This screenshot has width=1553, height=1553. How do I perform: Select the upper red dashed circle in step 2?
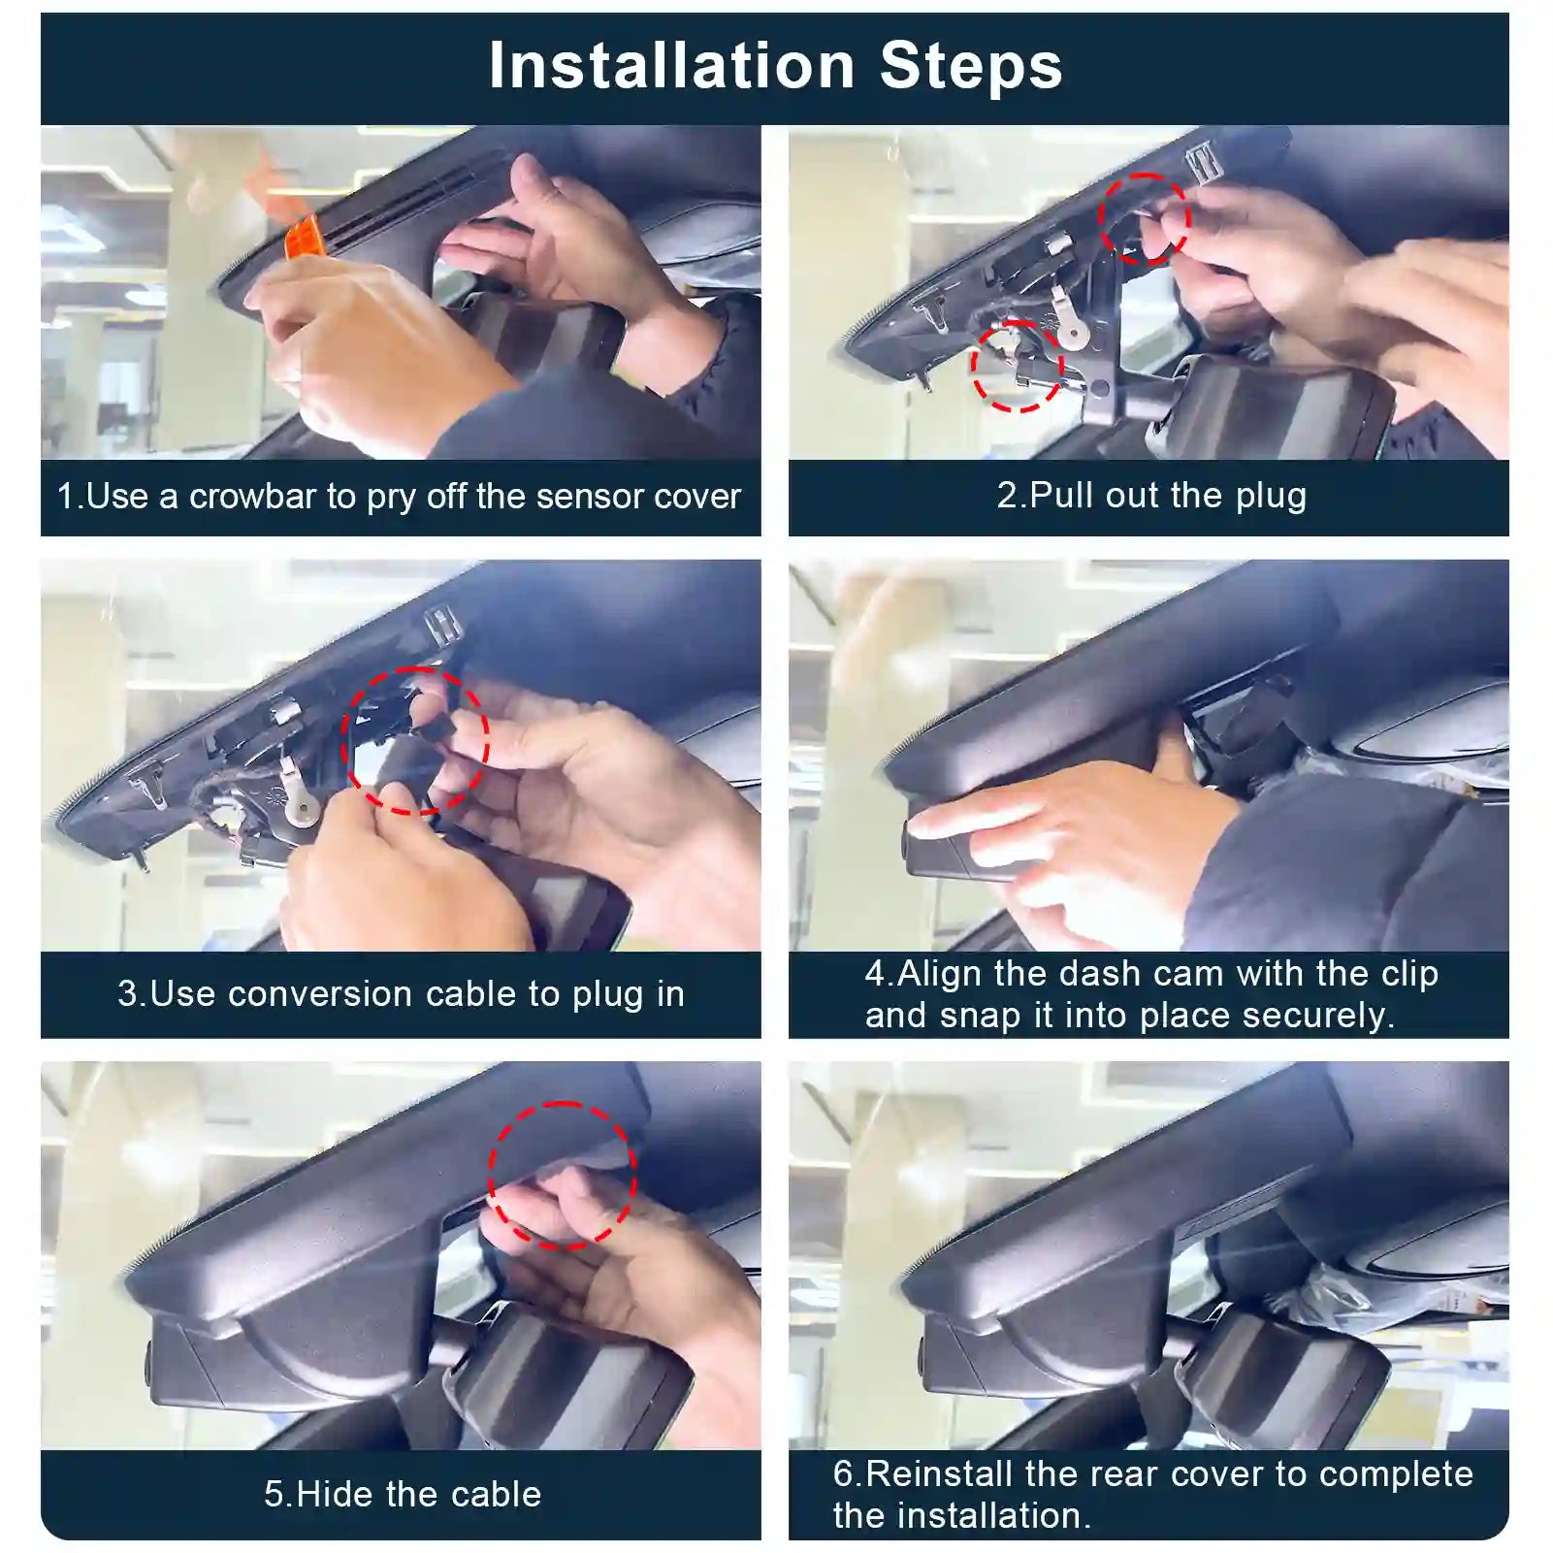(1145, 219)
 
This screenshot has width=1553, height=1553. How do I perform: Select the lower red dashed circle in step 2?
(1017, 366)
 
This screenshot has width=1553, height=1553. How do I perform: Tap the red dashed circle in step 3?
(414, 740)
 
